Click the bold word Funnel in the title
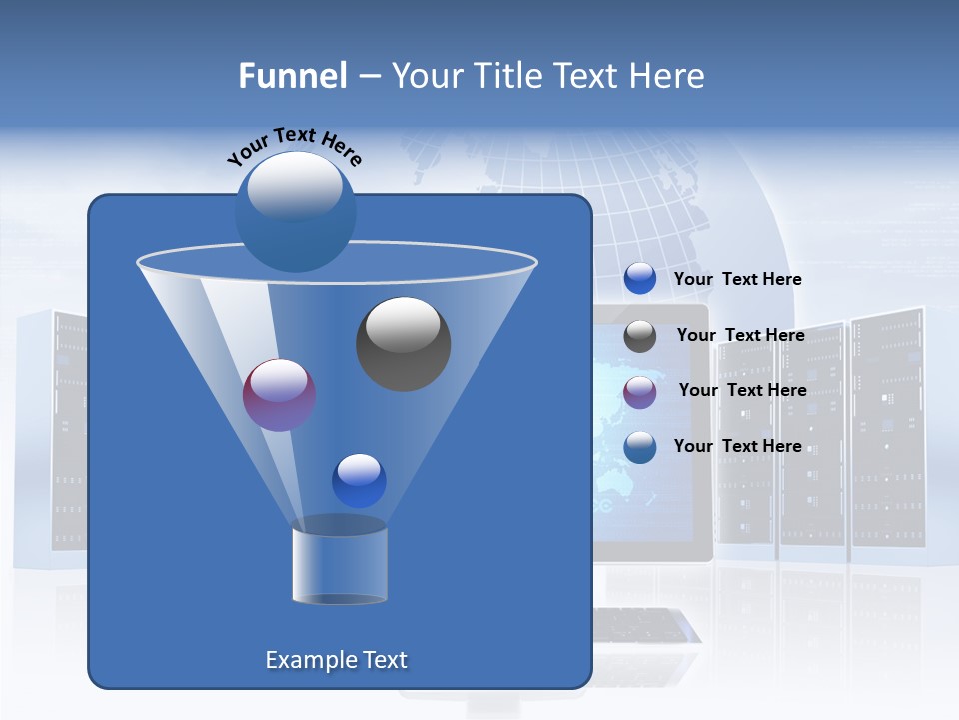(292, 76)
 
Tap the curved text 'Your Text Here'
(294, 144)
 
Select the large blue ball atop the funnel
(295, 211)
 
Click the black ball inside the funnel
(403, 344)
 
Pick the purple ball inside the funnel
(279, 395)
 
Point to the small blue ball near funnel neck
(359, 480)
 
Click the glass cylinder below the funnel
(339, 562)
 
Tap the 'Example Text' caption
(336, 660)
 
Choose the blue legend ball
(640, 279)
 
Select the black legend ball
(640, 336)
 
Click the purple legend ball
(640, 392)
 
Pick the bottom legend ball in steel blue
(640, 447)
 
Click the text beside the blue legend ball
(737, 279)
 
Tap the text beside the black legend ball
(740, 335)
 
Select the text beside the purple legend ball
(742, 390)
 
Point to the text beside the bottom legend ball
(737, 446)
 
